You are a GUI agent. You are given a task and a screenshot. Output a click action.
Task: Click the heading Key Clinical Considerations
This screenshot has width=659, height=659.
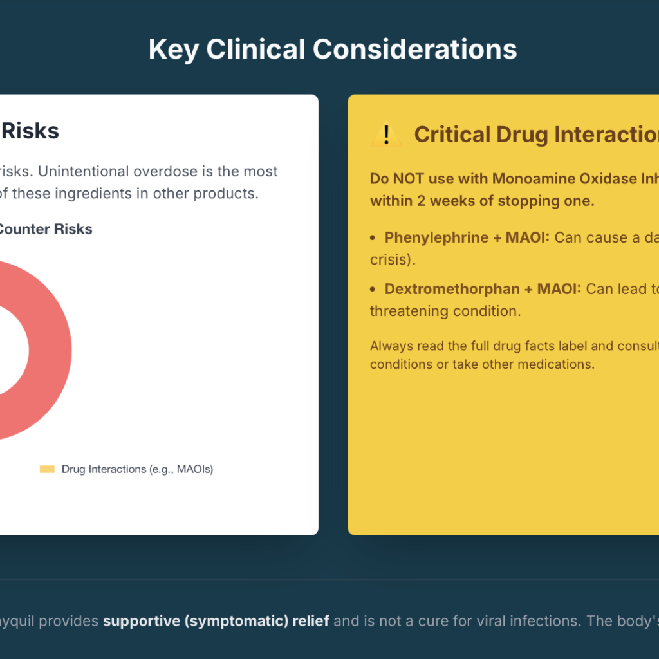point(333,50)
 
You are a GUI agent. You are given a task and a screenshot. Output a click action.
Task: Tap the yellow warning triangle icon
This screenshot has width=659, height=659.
point(386,135)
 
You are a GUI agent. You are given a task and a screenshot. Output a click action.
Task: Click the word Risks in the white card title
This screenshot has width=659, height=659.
point(30,131)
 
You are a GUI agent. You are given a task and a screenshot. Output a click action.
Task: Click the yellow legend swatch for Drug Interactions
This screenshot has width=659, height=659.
point(47,469)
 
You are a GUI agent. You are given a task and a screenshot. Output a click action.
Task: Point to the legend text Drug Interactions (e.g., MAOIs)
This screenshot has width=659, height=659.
point(138,469)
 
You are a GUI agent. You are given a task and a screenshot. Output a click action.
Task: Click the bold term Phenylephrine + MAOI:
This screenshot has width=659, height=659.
point(467,237)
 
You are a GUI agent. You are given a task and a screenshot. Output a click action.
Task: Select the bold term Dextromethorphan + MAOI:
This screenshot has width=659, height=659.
point(483,289)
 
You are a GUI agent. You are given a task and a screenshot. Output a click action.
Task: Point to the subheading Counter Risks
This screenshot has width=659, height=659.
point(45,229)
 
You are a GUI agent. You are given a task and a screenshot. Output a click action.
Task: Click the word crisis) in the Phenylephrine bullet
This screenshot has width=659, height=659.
point(393,260)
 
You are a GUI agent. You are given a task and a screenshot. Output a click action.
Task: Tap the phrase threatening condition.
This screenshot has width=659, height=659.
point(445,311)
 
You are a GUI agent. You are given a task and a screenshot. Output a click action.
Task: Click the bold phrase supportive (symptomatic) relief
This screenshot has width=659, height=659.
point(216,621)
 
